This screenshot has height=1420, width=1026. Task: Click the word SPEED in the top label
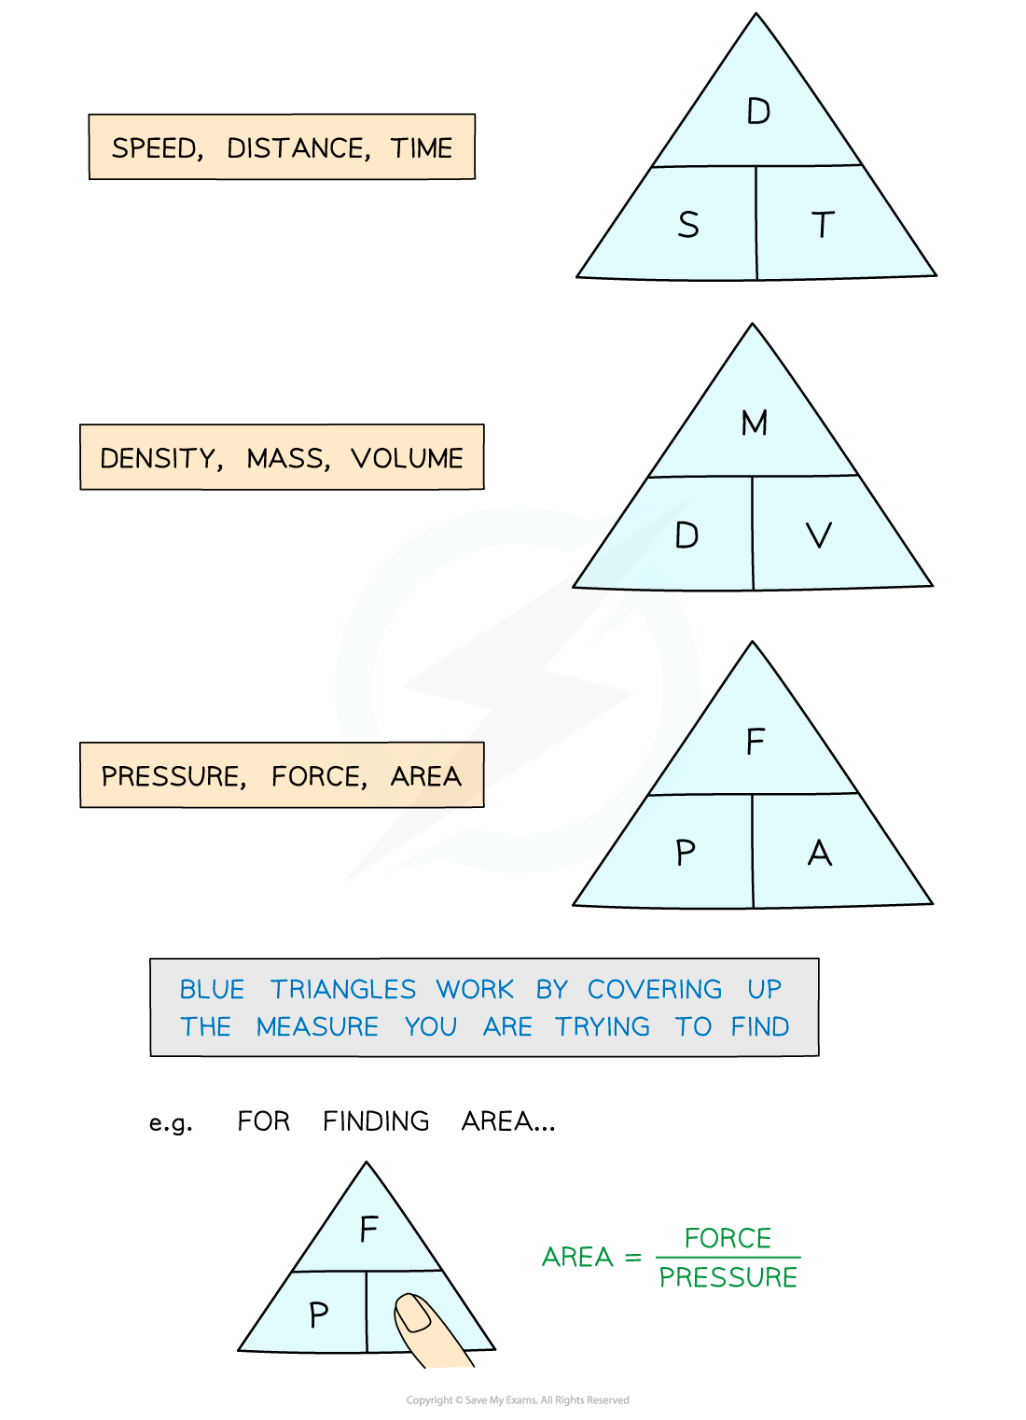point(155,148)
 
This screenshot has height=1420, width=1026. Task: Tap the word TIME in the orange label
point(422,148)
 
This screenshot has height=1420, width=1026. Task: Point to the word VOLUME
point(407,458)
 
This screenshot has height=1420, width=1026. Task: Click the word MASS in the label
point(286,458)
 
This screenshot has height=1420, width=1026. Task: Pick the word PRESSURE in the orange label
point(172,776)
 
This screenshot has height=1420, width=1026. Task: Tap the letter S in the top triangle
point(688,225)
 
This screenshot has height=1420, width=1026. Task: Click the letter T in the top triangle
point(822,225)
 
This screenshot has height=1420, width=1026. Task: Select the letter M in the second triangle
point(754,423)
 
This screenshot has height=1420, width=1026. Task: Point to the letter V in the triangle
point(818,536)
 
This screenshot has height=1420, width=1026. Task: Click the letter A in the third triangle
point(819,853)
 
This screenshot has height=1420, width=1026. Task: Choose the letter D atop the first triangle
point(758,112)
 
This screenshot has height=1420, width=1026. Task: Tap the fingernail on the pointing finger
point(413,1313)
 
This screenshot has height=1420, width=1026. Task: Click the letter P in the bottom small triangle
point(318,1316)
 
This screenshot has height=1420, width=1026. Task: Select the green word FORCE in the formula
point(728,1238)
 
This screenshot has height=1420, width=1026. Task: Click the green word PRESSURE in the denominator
point(728,1277)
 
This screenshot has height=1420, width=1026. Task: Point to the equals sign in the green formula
point(633,1258)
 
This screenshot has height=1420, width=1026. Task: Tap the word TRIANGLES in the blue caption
point(343,989)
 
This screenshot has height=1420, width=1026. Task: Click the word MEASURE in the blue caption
point(317,1026)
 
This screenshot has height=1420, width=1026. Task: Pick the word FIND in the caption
point(759,1026)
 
